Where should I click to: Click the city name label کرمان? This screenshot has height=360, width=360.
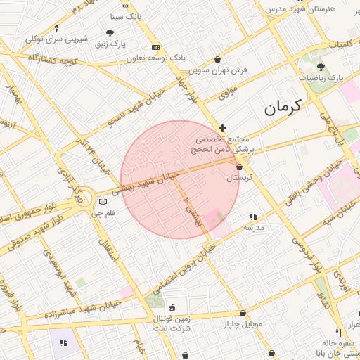pyautogui.click(x=282, y=108)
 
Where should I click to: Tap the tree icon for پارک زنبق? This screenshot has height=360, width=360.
pyautogui.click(x=110, y=32)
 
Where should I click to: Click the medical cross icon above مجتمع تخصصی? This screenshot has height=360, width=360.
pyautogui.click(x=223, y=128)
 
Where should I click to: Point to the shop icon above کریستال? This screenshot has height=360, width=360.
pyautogui.click(x=240, y=167)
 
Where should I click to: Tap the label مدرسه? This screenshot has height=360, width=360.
pyautogui.click(x=253, y=227)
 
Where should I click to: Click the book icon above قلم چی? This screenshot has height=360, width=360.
pyautogui.click(x=103, y=202)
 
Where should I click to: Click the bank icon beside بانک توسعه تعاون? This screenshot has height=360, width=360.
pyautogui.click(x=155, y=47)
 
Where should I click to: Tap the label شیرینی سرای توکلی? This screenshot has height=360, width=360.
pyautogui.click(x=56, y=39)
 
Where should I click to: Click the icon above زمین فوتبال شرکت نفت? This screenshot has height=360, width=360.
pyautogui.click(x=172, y=307)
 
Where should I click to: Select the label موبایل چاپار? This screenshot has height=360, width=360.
pyautogui.click(x=243, y=324)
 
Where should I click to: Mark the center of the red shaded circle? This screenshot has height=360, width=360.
pyautogui.click(x=180, y=180)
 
